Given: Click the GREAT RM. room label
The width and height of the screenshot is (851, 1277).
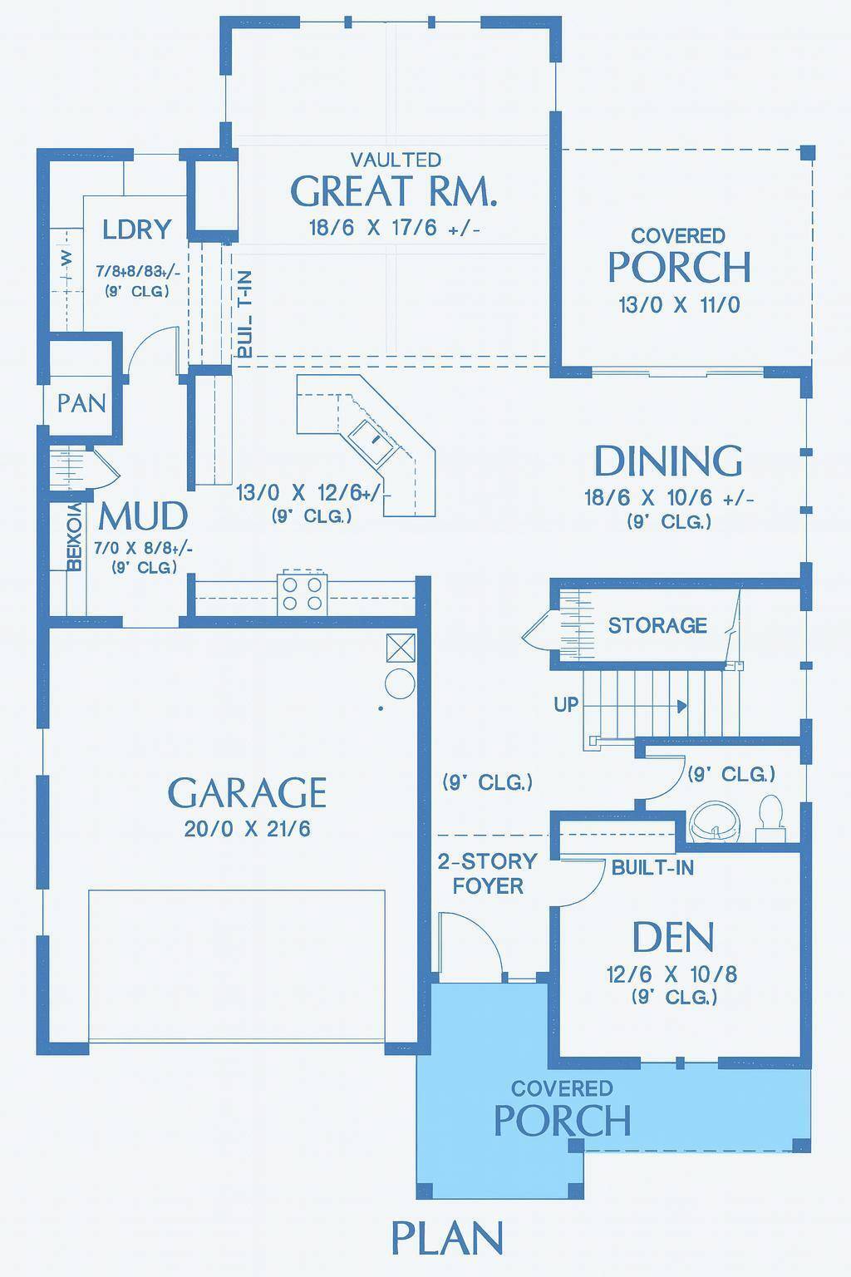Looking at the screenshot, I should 394,192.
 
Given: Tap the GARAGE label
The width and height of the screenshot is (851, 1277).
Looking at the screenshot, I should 247,793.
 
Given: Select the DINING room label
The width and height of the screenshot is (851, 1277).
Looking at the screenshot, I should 668,461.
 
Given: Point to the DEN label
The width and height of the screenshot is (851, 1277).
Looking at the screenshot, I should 672,938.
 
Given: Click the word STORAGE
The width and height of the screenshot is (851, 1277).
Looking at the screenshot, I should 657,625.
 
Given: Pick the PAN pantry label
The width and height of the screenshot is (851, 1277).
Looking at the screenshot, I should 81,403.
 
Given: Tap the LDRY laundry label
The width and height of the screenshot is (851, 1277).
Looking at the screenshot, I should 137,229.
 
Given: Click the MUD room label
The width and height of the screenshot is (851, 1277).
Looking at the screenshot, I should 143,516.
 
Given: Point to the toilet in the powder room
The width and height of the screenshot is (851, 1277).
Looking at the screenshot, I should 770,813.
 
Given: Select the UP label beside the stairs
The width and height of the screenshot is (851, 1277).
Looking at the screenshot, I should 566,705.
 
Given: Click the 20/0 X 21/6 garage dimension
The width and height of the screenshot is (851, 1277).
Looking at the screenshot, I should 247,829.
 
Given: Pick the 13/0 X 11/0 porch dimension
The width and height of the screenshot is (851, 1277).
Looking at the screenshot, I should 678,305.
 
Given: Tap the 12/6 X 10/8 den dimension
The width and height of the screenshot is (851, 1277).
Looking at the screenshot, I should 672,974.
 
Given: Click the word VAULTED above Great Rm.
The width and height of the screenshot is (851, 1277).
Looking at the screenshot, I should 396,159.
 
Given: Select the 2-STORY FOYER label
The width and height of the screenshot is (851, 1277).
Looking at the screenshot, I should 488,873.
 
